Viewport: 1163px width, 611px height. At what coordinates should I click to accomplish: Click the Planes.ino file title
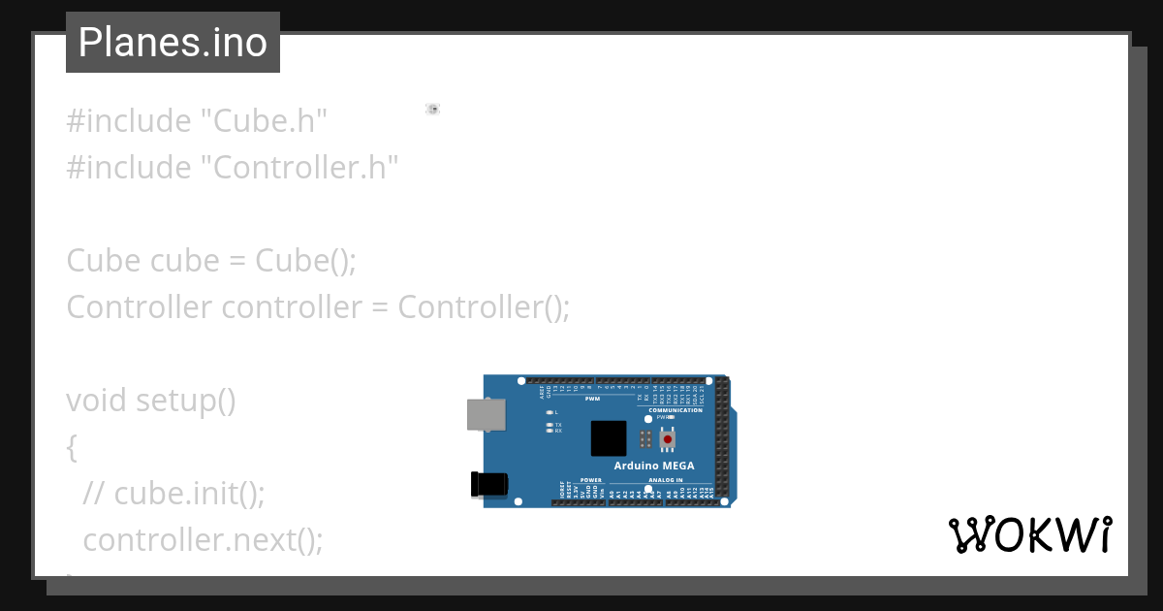[173, 43]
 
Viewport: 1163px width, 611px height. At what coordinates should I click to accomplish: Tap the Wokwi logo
[1029, 534]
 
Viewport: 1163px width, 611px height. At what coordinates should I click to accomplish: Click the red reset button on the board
[667, 439]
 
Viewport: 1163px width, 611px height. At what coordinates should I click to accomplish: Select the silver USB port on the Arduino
[486, 415]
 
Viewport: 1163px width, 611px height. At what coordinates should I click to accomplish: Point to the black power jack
[488, 484]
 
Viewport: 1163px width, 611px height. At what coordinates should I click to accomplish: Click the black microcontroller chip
[609, 438]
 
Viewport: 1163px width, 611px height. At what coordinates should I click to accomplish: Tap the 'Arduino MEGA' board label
[653, 466]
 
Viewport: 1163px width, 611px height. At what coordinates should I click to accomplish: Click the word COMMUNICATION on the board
[676, 410]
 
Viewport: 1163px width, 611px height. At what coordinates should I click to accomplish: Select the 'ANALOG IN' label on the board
[665, 480]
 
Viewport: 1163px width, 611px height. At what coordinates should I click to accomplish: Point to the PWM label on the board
[592, 399]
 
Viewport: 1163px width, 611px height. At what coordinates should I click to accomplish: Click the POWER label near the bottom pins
[591, 480]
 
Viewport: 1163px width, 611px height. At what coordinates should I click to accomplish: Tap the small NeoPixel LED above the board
[432, 110]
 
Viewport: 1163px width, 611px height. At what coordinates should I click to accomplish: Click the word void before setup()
[97, 401]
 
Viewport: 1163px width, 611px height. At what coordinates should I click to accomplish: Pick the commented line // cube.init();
[173, 494]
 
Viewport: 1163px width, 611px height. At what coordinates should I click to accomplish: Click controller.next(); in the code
[203, 540]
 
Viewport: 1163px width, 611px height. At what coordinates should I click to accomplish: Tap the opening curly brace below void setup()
[72, 447]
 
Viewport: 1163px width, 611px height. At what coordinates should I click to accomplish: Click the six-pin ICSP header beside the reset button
[644, 439]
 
